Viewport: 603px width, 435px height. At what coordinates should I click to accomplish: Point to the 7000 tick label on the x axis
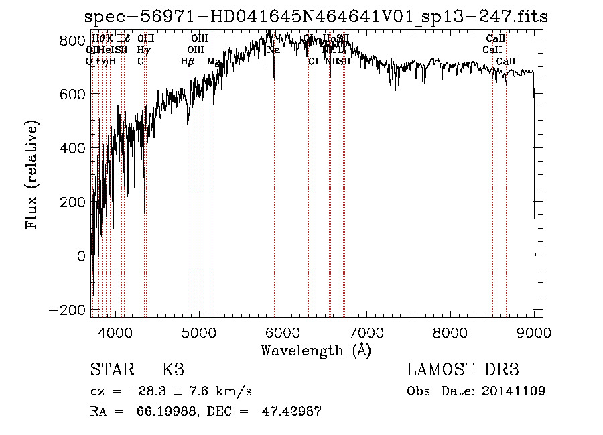366,332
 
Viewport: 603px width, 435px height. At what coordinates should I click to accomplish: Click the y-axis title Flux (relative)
32,175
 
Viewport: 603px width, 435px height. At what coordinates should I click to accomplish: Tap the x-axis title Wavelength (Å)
316,350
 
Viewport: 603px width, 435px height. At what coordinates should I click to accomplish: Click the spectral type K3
173,370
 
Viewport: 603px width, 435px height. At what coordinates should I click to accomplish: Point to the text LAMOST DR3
463,370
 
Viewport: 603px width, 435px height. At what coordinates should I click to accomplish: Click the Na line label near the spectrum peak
273,50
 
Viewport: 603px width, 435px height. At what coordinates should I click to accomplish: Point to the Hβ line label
188,61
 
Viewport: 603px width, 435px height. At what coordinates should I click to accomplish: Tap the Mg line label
214,61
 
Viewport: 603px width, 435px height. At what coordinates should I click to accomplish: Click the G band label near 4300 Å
141,61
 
